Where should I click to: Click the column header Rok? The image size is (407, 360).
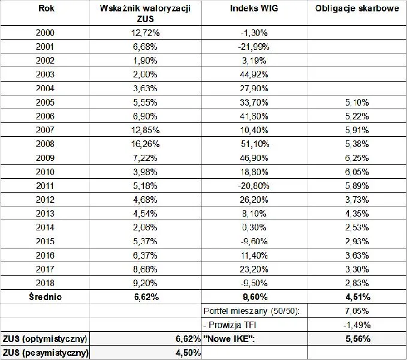tap(46, 8)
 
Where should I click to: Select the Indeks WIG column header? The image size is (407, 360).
tap(254, 8)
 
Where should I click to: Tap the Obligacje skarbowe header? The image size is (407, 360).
tap(357, 8)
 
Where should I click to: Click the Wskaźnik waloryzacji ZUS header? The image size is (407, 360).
tap(145, 14)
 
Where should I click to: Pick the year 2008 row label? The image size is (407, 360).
tap(45, 144)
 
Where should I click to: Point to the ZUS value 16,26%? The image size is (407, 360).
tap(145, 144)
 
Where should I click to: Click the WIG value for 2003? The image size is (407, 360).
tap(254, 74)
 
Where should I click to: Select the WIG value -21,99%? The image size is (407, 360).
tap(254, 47)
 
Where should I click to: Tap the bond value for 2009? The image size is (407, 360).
tap(357, 158)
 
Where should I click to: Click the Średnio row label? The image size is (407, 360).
tap(46, 296)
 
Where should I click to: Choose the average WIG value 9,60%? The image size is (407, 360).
tap(255, 297)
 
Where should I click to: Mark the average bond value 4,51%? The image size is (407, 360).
tap(358, 297)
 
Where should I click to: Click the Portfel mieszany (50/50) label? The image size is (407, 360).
tap(251, 311)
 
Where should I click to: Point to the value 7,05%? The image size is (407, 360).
tap(357, 311)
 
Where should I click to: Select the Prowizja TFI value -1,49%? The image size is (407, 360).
tap(357, 325)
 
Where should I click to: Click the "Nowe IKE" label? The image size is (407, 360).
tap(229, 339)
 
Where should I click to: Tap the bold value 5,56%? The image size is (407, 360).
tap(358, 339)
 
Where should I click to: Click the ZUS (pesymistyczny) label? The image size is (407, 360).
tap(46, 353)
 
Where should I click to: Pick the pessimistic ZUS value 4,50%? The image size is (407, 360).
tap(188, 353)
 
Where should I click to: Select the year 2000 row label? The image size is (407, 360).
tap(45, 33)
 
